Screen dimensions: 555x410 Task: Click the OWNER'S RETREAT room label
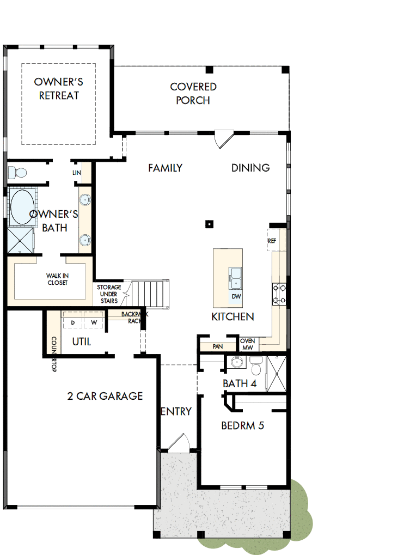pyautogui.click(x=58, y=89)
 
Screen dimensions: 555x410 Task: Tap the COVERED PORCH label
pyautogui.click(x=193, y=94)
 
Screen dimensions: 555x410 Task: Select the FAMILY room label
pyautogui.click(x=165, y=168)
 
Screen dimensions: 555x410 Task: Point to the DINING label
pyautogui.click(x=250, y=168)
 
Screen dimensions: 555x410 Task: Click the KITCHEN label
pyautogui.click(x=232, y=316)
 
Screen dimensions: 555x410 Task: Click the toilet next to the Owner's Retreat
pyautogui.click(x=18, y=173)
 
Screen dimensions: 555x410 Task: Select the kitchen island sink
pyautogui.click(x=236, y=277)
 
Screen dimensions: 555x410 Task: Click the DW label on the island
pyautogui.click(x=236, y=297)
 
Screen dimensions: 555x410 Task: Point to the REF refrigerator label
pyautogui.click(x=272, y=241)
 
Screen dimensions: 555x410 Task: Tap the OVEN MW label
pyautogui.click(x=247, y=344)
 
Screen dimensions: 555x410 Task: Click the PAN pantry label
pyautogui.click(x=217, y=346)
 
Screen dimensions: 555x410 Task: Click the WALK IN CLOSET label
pyautogui.click(x=57, y=279)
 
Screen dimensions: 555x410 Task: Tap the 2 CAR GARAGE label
pyautogui.click(x=105, y=396)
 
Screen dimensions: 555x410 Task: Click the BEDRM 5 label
pyautogui.click(x=242, y=425)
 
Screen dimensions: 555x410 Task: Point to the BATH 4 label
pyautogui.click(x=239, y=384)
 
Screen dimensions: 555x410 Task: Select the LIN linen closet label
pyautogui.click(x=77, y=173)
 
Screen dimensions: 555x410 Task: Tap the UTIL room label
pyautogui.click(x=82, y=342)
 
